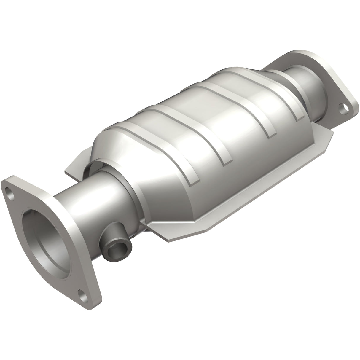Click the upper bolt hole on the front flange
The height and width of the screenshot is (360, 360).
[x=11, y=196]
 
